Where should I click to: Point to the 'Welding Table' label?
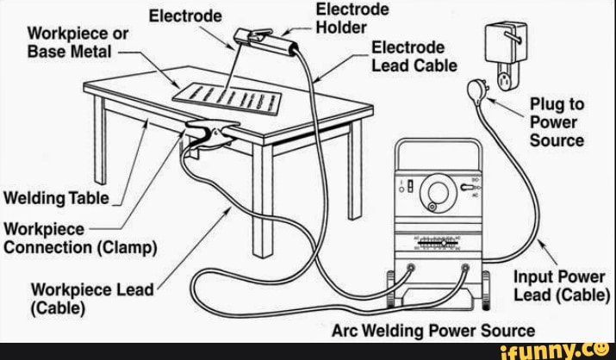click(57, 199)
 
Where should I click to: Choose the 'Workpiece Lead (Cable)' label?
click(91, 297)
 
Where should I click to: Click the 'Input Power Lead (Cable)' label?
click(560, 287)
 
